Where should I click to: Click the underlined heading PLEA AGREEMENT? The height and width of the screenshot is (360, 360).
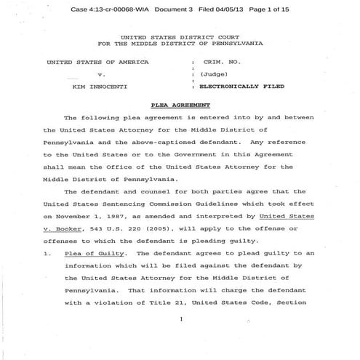click(x=180, y=105)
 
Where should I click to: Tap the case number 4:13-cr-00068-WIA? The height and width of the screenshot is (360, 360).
click(x=121, y=9)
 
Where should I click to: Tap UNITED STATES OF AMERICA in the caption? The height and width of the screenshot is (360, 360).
click(x=97, y=62)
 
